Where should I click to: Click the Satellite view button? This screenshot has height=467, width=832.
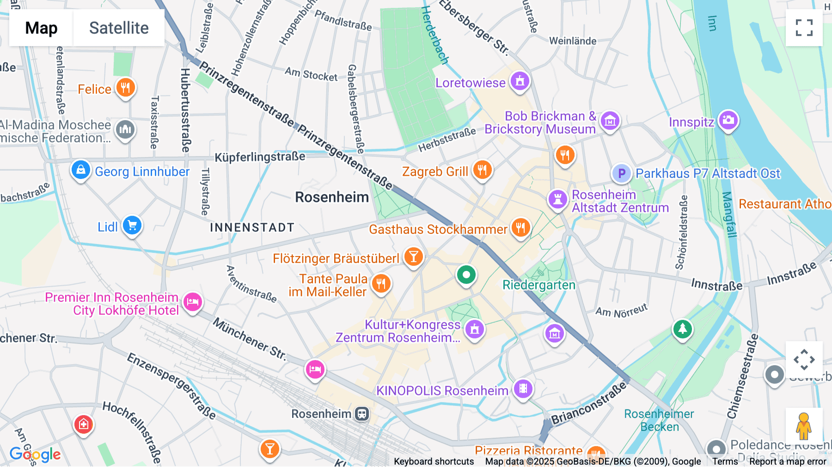tap(119, 28)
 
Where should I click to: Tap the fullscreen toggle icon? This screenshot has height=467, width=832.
tap(804, 28)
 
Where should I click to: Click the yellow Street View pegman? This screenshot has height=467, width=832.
tap(804, 426)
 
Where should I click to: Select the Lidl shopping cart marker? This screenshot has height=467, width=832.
tap(132, 226)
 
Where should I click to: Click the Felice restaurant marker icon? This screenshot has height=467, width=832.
tap(125, 87)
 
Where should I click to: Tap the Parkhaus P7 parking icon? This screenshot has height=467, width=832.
tap(622, 173)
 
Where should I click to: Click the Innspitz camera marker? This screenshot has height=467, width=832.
tap(728, 120)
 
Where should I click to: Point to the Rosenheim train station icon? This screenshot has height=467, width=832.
tap(362, 414)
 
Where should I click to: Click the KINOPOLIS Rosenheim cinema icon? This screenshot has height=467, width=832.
tap(523, 388)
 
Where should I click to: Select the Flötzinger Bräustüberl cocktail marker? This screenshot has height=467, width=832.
tap(414, 256)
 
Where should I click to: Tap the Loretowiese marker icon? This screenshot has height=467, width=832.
tap(520, 81)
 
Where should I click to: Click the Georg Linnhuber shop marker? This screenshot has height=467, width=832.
tap(80, 170)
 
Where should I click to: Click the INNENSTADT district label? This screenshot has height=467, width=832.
tap(252, 227)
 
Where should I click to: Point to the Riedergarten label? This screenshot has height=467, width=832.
tap(539, 285)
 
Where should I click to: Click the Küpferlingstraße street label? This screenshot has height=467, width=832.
tap(260, 157)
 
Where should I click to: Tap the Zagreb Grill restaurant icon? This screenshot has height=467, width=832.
tap(482, 170)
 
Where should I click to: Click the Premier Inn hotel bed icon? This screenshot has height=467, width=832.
tap(193, 302)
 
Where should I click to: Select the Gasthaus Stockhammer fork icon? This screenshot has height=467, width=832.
tap(521, 227)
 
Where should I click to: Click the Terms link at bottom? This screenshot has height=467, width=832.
tap(725, 461)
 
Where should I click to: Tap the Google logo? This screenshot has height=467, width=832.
tap(35, 455)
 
